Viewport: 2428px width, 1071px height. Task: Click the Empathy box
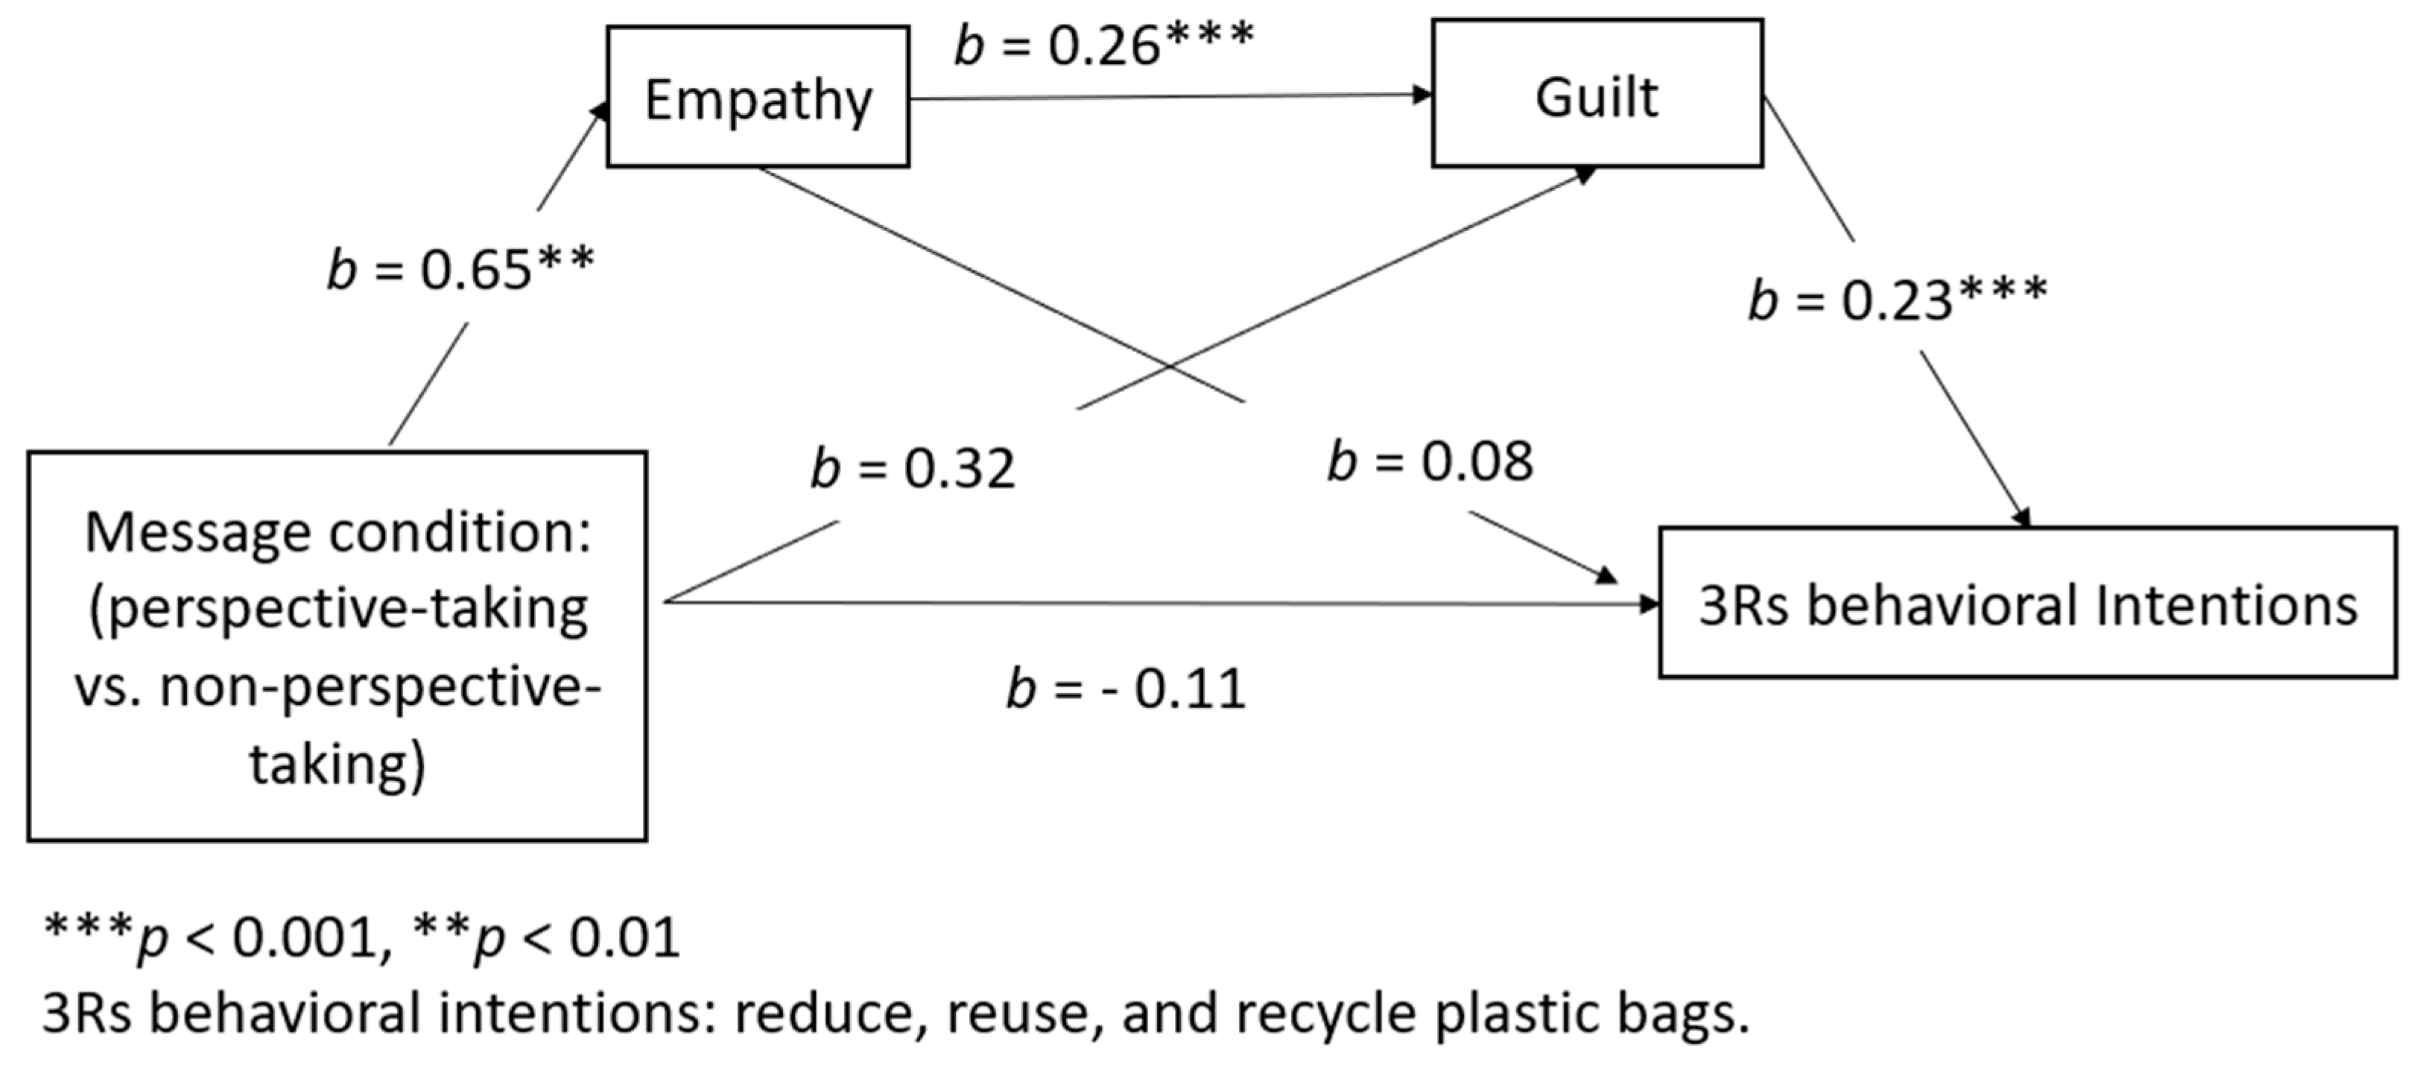(x=758, y=98)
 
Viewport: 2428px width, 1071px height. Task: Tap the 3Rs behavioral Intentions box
(x=2026, y=604)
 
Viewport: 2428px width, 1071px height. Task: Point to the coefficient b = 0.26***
(x=1103, y=43)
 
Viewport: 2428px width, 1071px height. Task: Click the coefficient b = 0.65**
(x=460, y=270)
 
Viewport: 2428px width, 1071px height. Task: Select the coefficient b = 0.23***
(x=1896, y=300)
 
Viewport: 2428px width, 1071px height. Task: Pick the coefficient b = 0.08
(x=1429, y=462)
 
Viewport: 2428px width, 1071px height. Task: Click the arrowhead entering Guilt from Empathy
(x=1421, y=93)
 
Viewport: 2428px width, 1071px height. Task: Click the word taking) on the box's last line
(x=337, y=764)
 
